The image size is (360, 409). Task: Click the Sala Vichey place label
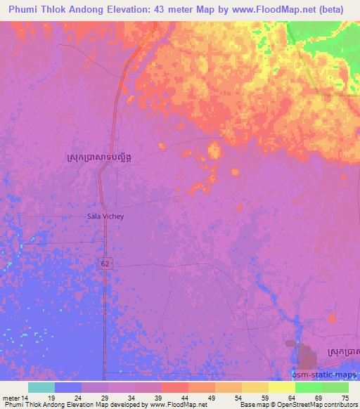(x=105, y=216)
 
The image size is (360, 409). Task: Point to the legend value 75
(x=345, y=397)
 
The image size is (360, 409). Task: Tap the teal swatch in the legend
(x=41, y=387)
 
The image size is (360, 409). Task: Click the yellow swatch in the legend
(x=282, y=387)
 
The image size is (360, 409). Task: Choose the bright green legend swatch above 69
(x=309, y=387)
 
